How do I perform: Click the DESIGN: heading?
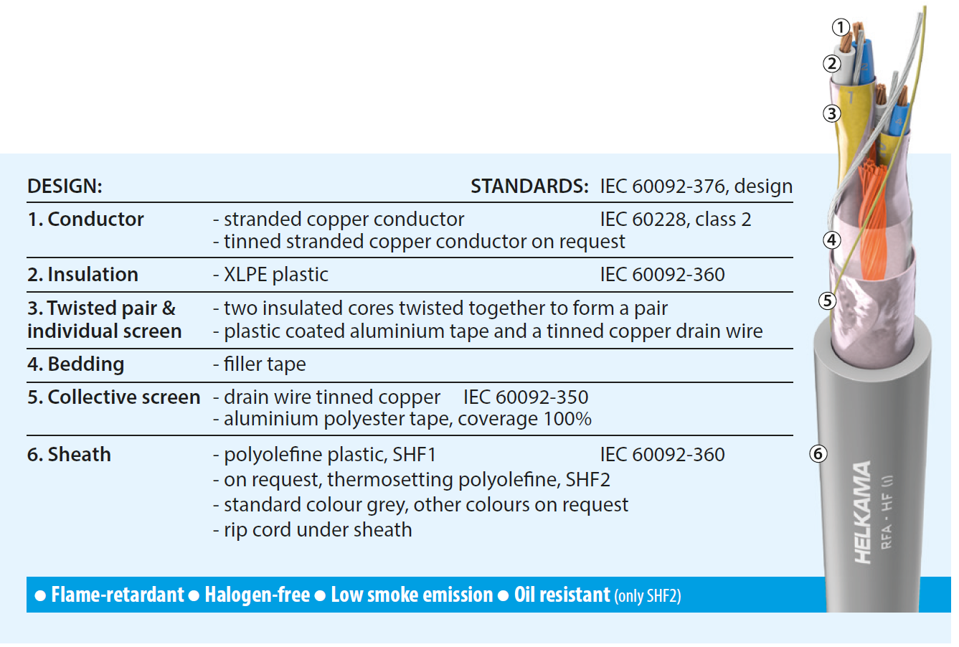(65, 186)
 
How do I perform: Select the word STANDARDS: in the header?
(529, 186)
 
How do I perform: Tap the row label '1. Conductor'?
(85, 219)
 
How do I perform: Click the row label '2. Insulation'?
(82, 275)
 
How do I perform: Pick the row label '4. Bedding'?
(76, 364)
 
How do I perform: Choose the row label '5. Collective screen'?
(114, 397)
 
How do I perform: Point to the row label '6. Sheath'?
(69, 454)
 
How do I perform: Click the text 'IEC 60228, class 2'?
(676, 219)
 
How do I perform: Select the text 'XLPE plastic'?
(276, 275)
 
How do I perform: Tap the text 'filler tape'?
(265, 364)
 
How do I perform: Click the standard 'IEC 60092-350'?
(526, 397)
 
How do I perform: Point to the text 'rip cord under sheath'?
(318, 530)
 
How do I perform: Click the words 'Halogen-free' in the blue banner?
(258, 595)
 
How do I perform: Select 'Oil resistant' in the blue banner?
(562, 595)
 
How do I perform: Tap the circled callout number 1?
(841, 27)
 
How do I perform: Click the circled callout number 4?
(832, 240)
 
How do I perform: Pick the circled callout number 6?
(818, 454)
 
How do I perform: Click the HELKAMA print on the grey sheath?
(863, 512)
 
